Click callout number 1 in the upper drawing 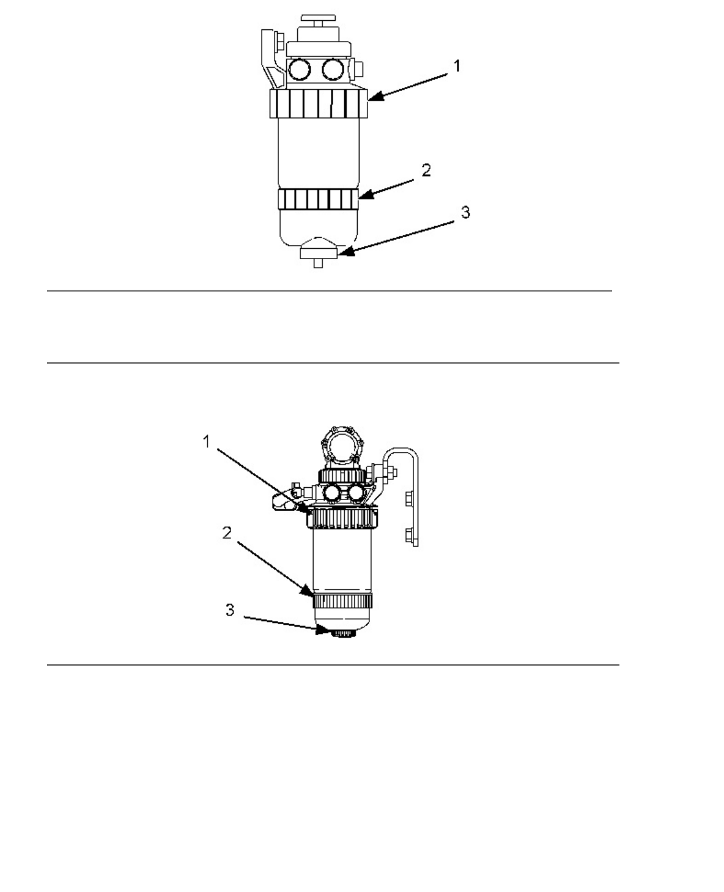(456, 66)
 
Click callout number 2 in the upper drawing (426, 170)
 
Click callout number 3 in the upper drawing (465, 213)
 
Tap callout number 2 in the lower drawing (227, 533)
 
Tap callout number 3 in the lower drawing (230, 610)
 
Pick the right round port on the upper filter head (334, 70)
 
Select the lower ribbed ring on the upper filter (317, 198)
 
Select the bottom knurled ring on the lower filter (342, 600)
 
